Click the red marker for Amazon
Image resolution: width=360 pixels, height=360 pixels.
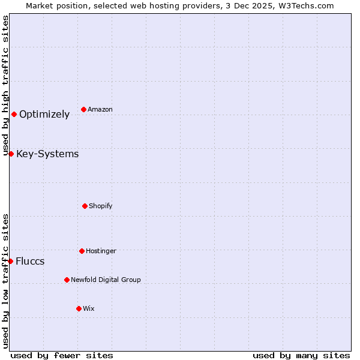83,109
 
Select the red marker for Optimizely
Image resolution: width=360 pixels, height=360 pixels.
14,114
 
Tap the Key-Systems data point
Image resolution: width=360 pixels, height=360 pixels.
11,154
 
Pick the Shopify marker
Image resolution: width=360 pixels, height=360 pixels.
85,206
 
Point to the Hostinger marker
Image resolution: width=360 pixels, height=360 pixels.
82,251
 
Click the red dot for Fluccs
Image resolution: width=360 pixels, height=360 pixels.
10,261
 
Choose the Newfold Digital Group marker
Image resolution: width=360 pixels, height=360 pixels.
67,280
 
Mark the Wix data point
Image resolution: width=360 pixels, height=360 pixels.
79,308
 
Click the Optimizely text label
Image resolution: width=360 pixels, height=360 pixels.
44,115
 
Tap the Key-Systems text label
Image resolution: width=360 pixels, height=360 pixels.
47,154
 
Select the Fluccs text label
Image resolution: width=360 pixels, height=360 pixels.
30,262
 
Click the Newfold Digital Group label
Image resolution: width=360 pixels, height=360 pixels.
106,280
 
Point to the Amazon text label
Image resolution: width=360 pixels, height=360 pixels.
100,109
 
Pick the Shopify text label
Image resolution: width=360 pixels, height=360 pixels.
101,206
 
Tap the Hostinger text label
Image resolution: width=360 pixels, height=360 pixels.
101,251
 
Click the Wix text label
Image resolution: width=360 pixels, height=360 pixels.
89,308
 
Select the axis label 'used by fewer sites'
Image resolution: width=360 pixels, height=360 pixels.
62,355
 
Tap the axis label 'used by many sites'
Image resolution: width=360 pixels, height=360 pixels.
301,355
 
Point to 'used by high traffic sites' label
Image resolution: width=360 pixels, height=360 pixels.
5,86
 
